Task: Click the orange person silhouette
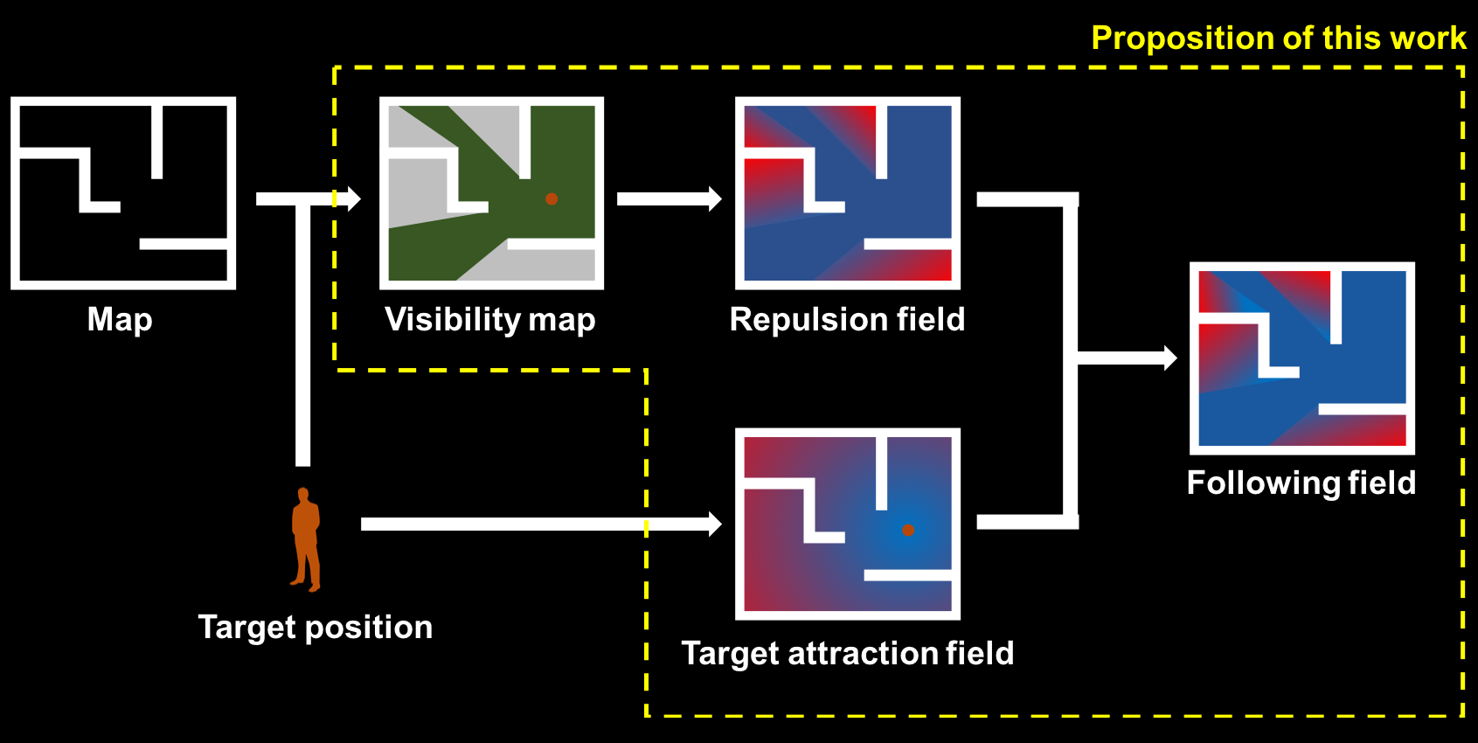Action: [x=306, y=539]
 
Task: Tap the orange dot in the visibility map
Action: [x=552, y=198]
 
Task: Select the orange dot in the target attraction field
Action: [x=908, y=530]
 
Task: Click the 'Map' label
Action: [x=120, y=320]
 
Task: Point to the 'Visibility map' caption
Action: [x=490, y=320]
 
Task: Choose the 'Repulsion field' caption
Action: [x=847, y=319]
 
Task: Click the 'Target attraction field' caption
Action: [x=847, y=654]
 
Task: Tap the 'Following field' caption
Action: [x=1301, y=483]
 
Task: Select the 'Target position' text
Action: [x=316, y=628]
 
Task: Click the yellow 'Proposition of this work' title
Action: [x=1279, y=38]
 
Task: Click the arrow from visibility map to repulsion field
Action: [x=669, y=198]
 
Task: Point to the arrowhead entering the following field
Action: [x=1170, y=358]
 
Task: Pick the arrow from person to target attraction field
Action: [x=541, y=524]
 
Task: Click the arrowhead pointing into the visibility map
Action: [x=354, y=198]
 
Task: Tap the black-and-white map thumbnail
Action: [x=123, y=193]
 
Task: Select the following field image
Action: [x=1301, y=358]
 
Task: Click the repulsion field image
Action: [x=848, y=193]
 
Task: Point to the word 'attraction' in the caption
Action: [x=863, y=654]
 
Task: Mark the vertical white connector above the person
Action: [x=303, y=333]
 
